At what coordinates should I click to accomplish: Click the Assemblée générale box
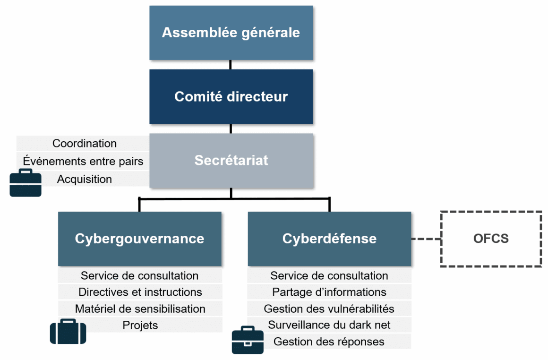point(231,33)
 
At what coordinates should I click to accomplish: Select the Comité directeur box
point(231,96)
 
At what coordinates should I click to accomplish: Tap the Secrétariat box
point(231,160)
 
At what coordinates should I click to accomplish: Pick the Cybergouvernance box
point(139,238)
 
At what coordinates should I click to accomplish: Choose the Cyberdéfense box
point(329,238)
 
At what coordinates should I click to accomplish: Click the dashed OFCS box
point(491,239)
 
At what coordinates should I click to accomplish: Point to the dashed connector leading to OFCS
point(426,239)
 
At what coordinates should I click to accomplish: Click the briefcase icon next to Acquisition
point(26,182)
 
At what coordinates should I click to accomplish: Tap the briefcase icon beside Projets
point(68,331)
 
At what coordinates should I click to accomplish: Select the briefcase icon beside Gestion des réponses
point(248,340)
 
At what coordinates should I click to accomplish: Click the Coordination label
point(85,143)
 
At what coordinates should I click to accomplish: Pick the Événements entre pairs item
point(83,161)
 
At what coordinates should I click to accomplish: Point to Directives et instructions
point(140,292)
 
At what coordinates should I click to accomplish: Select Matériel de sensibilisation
point(140,309)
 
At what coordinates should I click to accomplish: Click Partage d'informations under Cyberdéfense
point(329,292)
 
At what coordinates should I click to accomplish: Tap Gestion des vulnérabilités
point(329,309)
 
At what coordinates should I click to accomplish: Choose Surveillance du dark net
point(329,325)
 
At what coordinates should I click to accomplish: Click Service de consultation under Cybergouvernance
point(139,275)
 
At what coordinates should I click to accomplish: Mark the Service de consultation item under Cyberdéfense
point(329,275)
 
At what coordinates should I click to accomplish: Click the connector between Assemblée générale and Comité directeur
point(231,65)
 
